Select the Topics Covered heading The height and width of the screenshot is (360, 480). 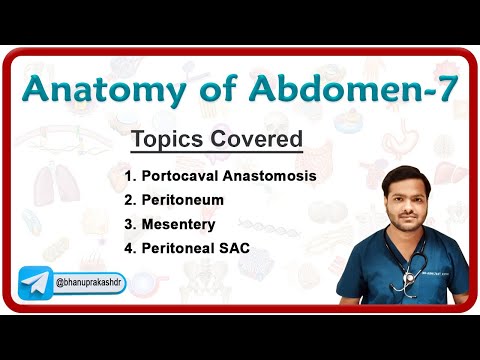click(216, 139)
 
